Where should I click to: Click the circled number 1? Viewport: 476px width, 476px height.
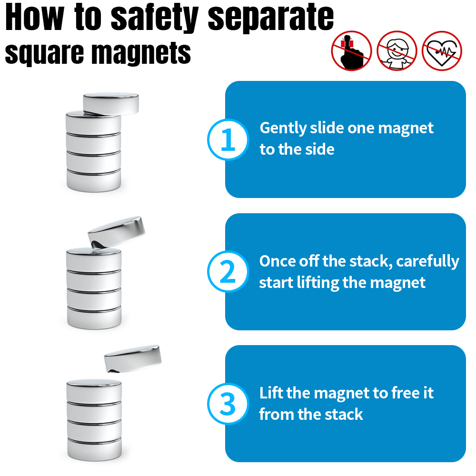tap(228, 139)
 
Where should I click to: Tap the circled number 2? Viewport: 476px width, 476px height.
tap(228, 272)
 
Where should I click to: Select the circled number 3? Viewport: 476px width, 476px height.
tap(228, 404)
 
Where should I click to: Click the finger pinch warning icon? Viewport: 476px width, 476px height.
tap(352, 51)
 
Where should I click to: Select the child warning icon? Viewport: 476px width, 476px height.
tap(397, 51)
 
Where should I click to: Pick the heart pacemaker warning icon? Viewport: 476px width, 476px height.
tap(442, 51)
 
